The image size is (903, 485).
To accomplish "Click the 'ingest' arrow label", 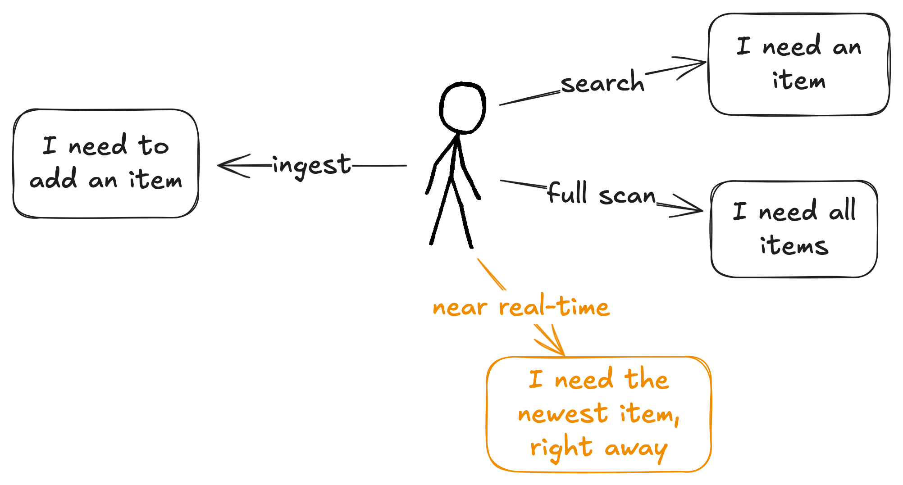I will click(x=311, y=165).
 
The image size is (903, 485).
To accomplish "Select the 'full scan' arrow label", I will click(x=602, y=194).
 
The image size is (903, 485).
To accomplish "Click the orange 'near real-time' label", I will click(x=521, y=308).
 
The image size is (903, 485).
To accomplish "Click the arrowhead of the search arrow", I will click(x=703, y=63).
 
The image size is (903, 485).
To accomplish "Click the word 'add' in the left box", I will click(x=53, y=180).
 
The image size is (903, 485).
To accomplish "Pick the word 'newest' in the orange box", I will click(x=563, y=414).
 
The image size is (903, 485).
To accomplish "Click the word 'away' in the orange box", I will click(x=636, y=449).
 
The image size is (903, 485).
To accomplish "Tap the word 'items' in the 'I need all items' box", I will click(x=794, y=246).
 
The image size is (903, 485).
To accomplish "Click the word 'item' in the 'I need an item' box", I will click(x=798, y=81).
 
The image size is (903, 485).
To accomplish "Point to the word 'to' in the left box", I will click(x=153, y=146).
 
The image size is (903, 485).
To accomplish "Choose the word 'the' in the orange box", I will click(x=646, y=379).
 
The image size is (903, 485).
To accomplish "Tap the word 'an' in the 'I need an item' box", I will click(x=847, y=47).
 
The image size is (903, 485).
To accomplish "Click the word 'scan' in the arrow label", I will click(x=627, y=195).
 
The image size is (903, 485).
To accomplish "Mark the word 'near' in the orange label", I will click(x=460, y=308).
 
